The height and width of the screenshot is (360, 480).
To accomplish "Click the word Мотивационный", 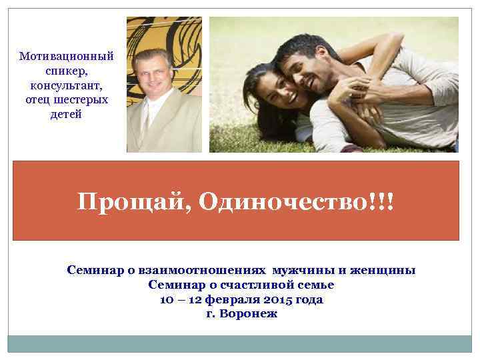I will pyautogui.click(x=67, y=57).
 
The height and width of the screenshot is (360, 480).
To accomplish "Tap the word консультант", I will pyautogui.click(x=67, y=86).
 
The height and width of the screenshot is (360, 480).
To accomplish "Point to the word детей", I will pyautogui.click(x=67, y=114).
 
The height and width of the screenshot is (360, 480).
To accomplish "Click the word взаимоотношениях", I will pyautogui.click(x=197, y=270).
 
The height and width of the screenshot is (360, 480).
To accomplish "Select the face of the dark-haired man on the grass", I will pyautogui.click(x=307, y=67).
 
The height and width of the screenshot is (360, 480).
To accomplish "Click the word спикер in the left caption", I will pyautogui.click(x=67, y=71).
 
